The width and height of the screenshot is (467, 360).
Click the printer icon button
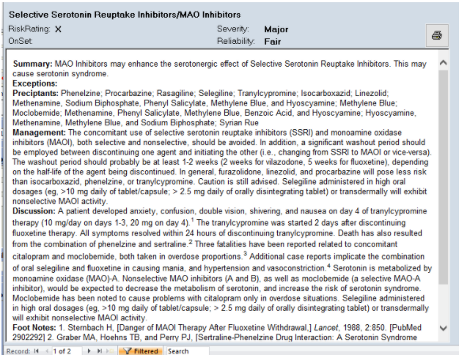(x=436, y=35)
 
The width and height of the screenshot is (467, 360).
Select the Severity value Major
(x=276, y=29)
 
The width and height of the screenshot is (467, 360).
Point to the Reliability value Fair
(x=273, y=42)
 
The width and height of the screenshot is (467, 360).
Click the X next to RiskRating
(x=59, y=29)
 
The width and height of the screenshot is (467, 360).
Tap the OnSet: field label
(x=21, y=42)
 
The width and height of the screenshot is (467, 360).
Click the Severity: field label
(x=235, y=29)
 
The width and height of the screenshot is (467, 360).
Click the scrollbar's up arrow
(x=443, y=64)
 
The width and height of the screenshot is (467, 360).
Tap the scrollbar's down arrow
(x=443, y=328)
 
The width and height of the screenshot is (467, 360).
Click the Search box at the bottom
(x=178, y=352)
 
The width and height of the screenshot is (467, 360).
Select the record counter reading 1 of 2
(x=63, y=352)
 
